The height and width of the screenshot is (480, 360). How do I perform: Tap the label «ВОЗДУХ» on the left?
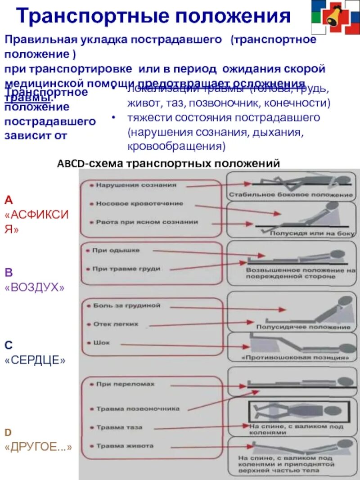pos(34,287)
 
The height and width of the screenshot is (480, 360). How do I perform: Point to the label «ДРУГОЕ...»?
pos(38,448)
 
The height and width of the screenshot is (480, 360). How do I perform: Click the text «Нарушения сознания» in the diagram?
pos(135,185)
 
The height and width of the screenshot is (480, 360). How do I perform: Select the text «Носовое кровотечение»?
pos(139,204)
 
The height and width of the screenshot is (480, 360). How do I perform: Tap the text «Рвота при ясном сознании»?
pos(147,222)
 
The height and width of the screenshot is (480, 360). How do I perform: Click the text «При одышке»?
pos(116,250)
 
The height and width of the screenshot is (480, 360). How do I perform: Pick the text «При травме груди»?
pos(126,269)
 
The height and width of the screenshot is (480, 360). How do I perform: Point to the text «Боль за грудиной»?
pos(126,306)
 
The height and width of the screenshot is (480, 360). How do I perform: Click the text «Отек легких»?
pos(116,324)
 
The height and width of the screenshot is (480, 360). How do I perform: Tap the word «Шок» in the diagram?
pos(102,343)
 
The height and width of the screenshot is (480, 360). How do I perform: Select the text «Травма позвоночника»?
pos(138,409)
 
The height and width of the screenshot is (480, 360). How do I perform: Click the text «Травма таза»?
pos(119,427)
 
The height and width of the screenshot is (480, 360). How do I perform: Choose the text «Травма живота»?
pos(125,446)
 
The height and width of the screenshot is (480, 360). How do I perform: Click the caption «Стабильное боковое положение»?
pos(291,195)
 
